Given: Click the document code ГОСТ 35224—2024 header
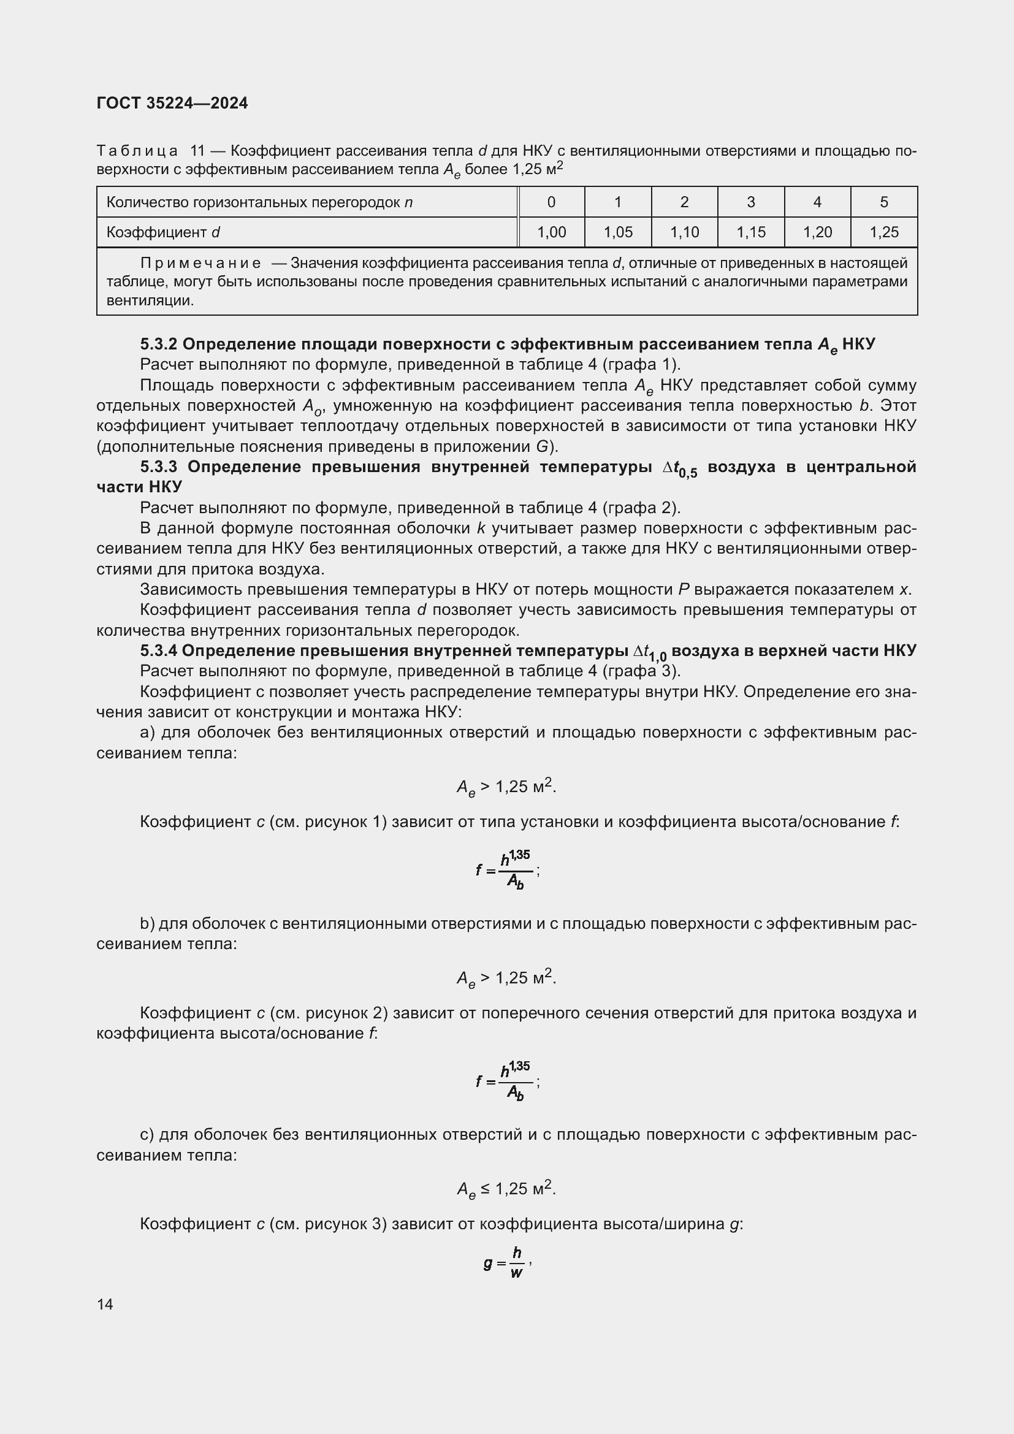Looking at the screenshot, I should click(172, 103).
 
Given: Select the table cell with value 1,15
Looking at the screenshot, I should click(750, 232).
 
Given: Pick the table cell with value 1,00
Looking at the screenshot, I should click(551, 232).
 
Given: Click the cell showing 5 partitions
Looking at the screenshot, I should click(883, 202).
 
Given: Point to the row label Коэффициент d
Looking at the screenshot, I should click(163, 232).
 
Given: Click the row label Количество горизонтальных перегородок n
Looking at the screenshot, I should click(259, 202).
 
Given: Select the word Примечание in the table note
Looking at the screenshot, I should click(200, 263).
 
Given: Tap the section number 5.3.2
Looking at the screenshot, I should click(159, 344).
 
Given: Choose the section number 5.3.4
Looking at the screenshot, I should click(159, 651).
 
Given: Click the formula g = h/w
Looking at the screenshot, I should click(506, 1263).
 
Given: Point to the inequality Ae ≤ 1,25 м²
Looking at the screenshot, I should click(506, 1189).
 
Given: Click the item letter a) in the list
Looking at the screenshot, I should click(148, 733).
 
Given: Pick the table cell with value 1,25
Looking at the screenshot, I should click(883, 232).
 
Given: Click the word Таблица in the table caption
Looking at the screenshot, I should click(137, 151).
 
